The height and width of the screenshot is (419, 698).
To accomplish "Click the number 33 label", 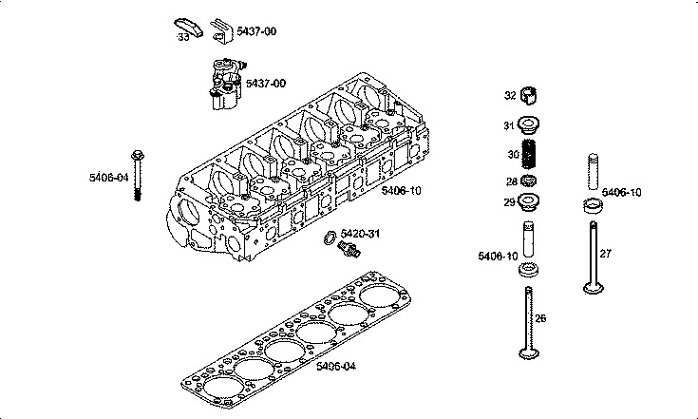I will (x=182, y=37).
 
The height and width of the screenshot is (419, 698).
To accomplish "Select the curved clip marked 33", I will (x=189, y=24).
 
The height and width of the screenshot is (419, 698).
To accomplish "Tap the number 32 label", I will (x=510, y=95).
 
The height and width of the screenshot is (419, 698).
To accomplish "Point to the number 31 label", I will (x=510, y=125).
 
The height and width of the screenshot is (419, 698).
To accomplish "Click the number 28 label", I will (x=510, y=181).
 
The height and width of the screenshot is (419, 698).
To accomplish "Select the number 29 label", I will (x=510, y=202).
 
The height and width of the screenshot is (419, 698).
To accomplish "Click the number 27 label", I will (x=606, y=253).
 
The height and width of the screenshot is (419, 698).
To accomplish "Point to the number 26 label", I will (x=541, y=318).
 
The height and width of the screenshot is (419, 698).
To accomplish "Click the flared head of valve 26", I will (x=529, y=356).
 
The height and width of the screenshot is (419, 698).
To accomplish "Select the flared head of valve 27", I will (x=593, y=289).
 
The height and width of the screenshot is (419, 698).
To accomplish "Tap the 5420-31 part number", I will (x=360, y=233).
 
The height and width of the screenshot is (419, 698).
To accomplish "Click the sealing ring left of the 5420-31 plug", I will (x=329, y=236).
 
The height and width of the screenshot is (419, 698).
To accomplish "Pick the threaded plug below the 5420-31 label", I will (x=349, y=250).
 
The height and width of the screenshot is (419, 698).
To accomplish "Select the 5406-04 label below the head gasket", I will (x=335, y=366).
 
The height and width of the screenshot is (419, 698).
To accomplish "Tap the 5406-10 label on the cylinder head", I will (x=402, y=190).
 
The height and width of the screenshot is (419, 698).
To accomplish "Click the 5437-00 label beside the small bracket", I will (x=256, y=31).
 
